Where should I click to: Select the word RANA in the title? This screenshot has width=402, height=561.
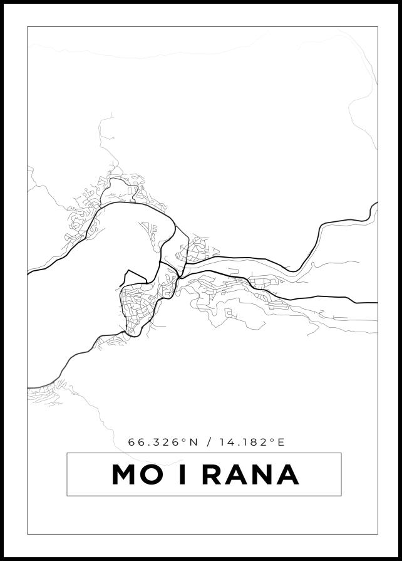point(250,474)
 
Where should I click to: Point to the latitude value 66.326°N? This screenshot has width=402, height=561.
point(163,442)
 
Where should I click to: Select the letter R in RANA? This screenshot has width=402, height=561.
point(214,474)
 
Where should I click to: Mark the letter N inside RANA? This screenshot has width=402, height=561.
point(263,474)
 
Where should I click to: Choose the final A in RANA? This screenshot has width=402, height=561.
point(287,474)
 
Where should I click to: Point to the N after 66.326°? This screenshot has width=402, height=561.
point(193,442)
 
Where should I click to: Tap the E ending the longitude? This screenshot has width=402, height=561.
point(281,442)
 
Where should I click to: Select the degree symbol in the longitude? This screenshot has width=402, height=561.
point(273,440)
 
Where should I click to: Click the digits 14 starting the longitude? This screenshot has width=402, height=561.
point(227,442)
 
